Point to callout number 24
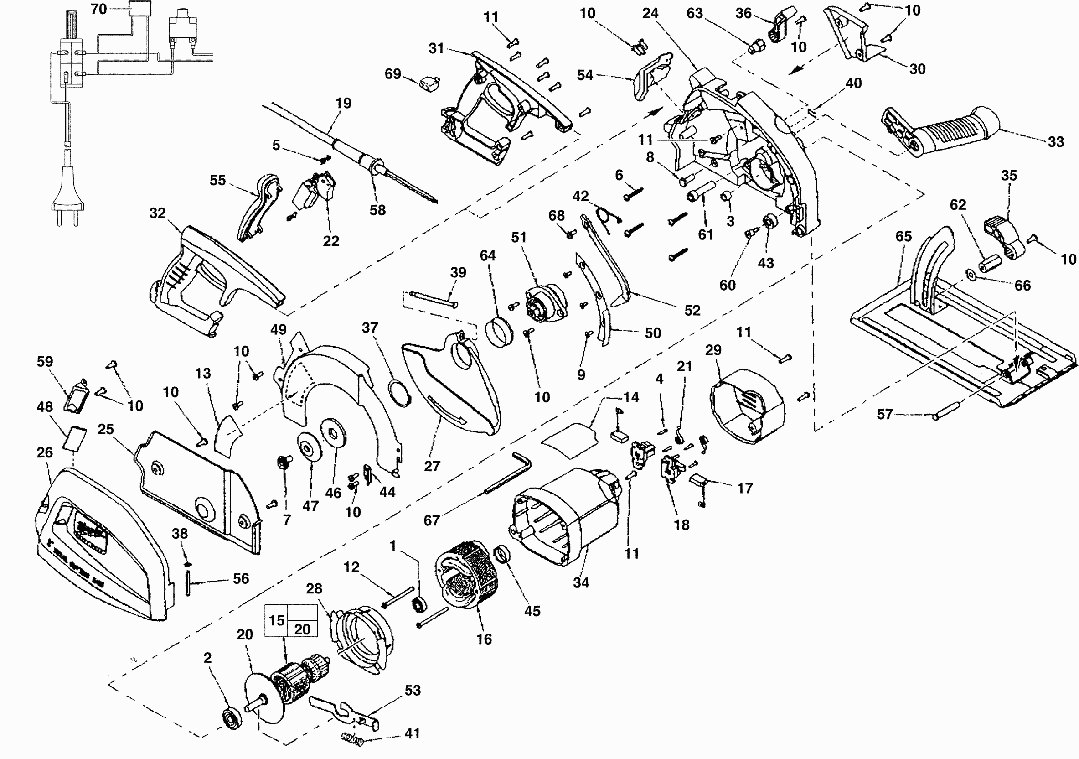[x=650, y=14]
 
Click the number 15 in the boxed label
[x=276, y=620]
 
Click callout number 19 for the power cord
[x=343, y=103]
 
